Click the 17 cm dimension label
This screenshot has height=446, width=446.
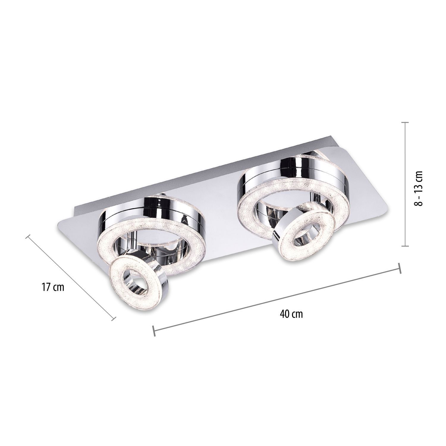(53, 288)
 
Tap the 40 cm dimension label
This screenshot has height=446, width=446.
(291, 314)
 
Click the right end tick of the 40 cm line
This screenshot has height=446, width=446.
(400, 268)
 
